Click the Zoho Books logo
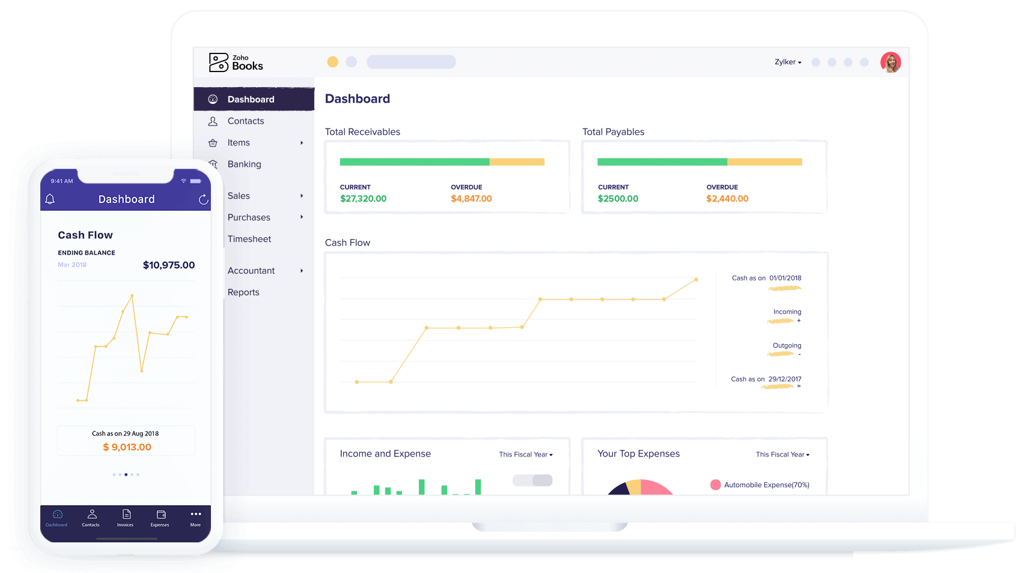pyautogui.click(x=236, y=62)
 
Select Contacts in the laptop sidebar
pyautogui.click(x=245, y=121)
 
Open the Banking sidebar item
pyautogui.click(x=244, y=164)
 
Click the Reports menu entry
pyautogui.click(x=243, y=292)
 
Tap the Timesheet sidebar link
pyautogui.click(x=249, y=238)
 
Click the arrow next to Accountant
pyautogui.click(x=302, y=271)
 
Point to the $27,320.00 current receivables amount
pyautogui.click(x=363, y=198)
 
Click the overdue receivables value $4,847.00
pyautogui.click(x=471, y=198)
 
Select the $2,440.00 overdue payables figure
pyautogui.click(x=727, y=198)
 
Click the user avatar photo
pyautogui.click(x=890, y=62)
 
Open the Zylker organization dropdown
pyautogui.click(x=788, y=62)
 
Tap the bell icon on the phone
pyautogui.click(x=50, y=199)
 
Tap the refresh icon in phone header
pyautogui.click(x=204, y=199)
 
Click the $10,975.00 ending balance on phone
pyautogui.click(x=169, y=265)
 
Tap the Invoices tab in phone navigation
pyautogui.click(x=125, y=518)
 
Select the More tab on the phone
pyautogui.click(x=195, y=518)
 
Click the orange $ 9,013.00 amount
pyautogui.click(x=127, y=447)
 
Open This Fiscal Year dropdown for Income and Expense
pyautogui.click(x=526, y=454)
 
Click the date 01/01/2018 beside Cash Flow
pyautogui.click(x=785, y=278)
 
